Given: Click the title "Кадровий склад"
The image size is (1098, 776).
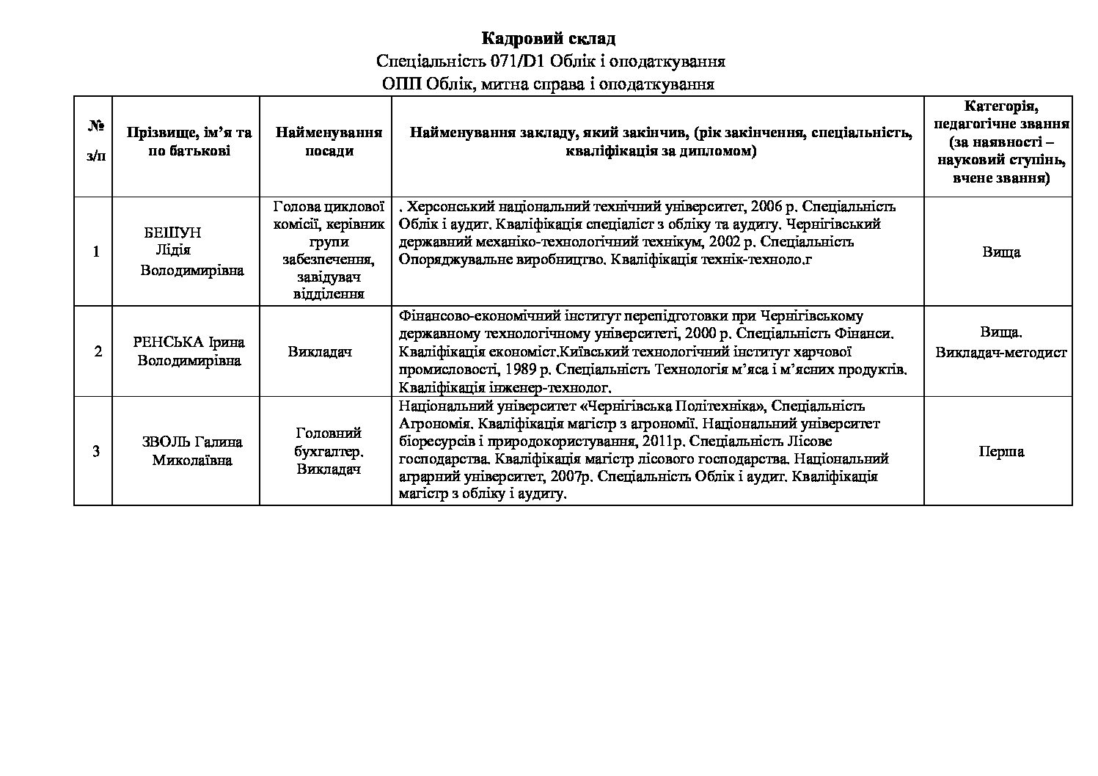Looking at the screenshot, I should pyautogui.click(x=549, y=38).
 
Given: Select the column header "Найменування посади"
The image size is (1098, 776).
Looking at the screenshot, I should pyautogui.click(x=329, y=142).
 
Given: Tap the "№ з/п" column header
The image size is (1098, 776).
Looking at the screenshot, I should pyautogui.click(x=95, y=142).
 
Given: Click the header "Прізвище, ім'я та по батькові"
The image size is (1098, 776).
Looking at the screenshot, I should pyautogui.click(x=189, y=142).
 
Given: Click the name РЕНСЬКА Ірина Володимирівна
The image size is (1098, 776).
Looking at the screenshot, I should pyautogui.click(x=189, y=351).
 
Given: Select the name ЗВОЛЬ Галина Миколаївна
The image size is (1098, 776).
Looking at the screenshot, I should pyautogui.click(x=191, y=451).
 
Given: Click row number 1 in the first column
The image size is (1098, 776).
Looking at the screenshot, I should pyautogui.click(x=96, y=252).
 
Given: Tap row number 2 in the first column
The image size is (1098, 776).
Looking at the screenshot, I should pyautogui.click(x=98, y=351).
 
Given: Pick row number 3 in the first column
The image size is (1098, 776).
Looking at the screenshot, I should pyautogui.click(x=96, y=451).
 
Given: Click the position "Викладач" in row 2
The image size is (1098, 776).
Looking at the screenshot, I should pyautogui.click(x=320, y=352).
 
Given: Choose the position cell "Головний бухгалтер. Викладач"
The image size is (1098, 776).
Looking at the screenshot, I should pyautogui.click(x=329, y=451).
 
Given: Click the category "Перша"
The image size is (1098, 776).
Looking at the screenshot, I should pyautogui.click(x=1001, y=452).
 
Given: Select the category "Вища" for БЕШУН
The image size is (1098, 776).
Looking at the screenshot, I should pyautogui.click(x=1001, y=252).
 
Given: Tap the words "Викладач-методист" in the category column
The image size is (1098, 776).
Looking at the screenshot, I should pyautogui.click(x=1001, y=353).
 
